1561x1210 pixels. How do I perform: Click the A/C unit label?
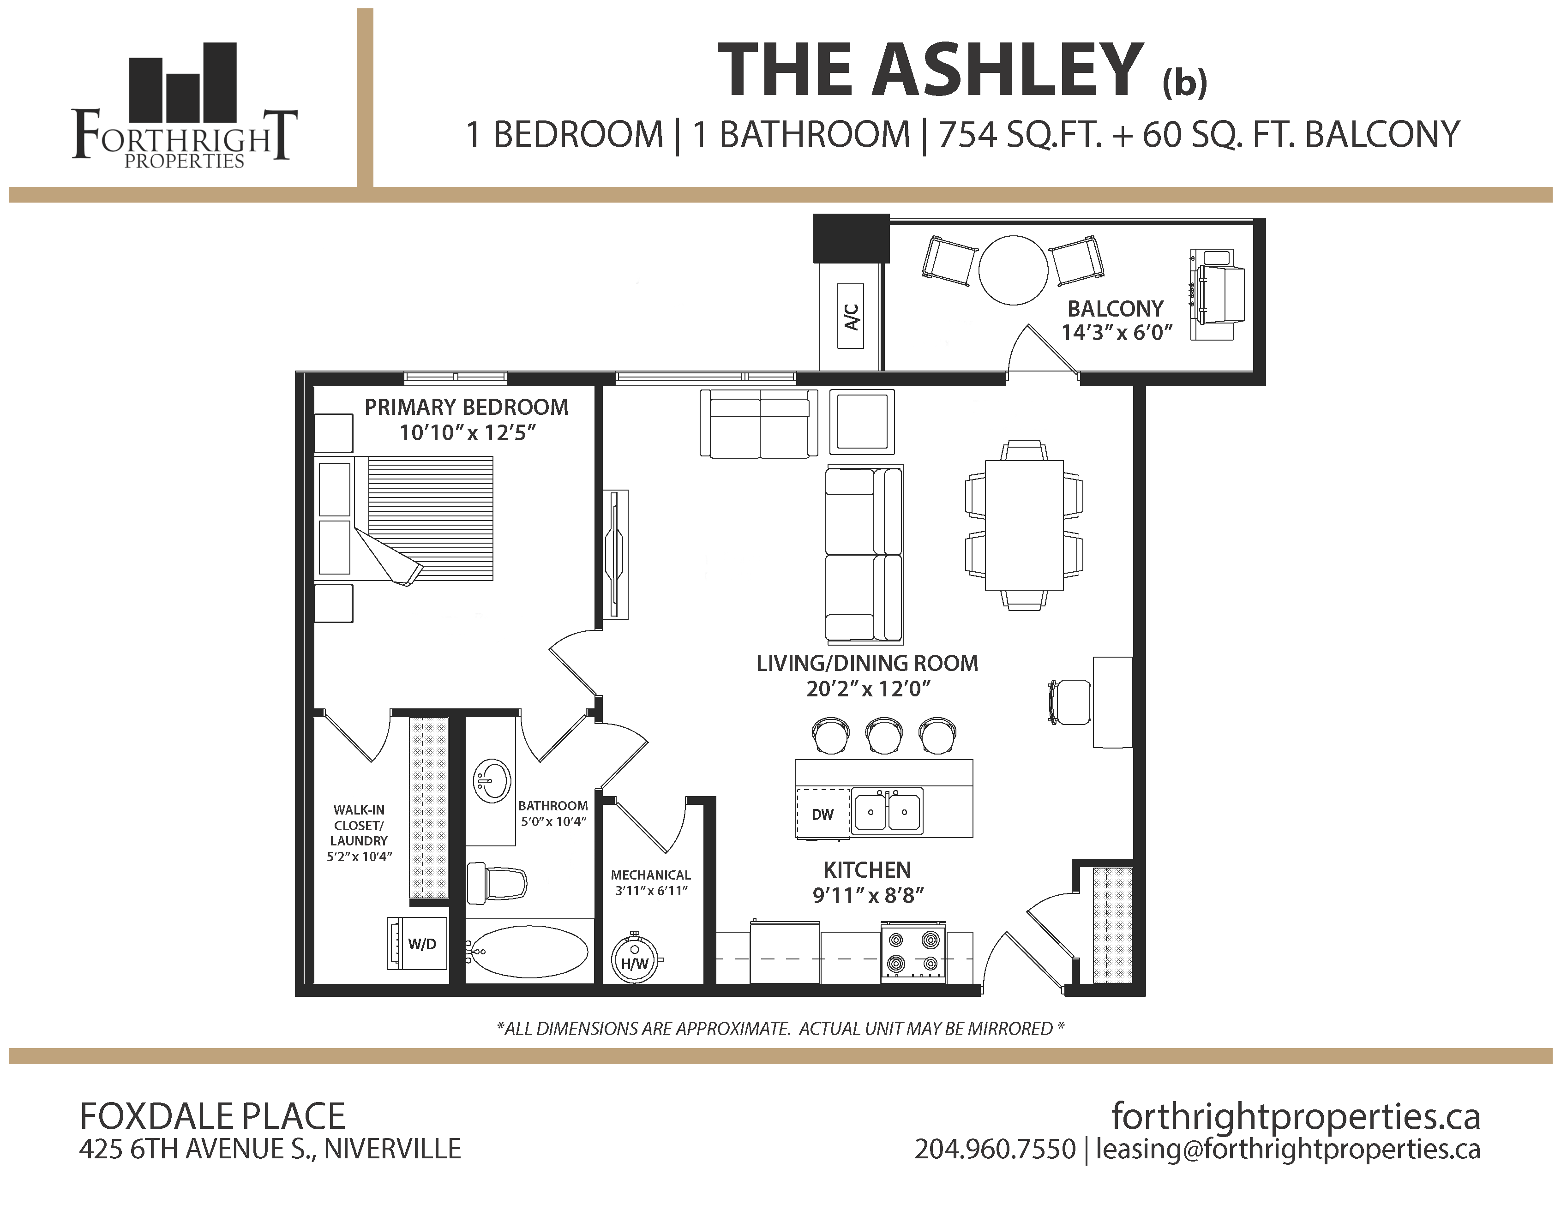(851, 316)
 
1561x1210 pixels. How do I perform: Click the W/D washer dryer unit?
(417, 943)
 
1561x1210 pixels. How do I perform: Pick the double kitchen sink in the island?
(888, 811)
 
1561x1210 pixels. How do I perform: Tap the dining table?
(1024, 525)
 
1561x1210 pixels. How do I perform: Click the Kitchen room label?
(867, 870)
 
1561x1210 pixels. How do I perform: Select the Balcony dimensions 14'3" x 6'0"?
(1117, 332)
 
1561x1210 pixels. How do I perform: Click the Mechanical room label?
(650, 875)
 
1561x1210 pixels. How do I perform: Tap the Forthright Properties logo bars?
(182, 82)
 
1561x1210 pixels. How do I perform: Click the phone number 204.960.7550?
(995, 1149)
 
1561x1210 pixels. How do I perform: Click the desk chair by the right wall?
(1069, 702)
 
